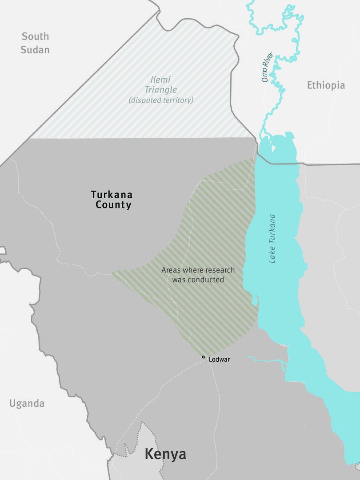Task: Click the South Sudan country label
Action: pos(35,43)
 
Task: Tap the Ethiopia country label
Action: pos(326,85)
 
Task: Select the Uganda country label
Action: pos(27,404)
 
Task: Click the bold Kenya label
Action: pos(165,454)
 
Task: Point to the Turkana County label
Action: pos(112,200)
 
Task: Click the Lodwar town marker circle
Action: pos(204,357)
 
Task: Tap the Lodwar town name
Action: pos(219,360)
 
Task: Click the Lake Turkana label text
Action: pos(272,239)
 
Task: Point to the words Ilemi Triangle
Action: pos(161,84)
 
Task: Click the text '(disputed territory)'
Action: pos(161,100)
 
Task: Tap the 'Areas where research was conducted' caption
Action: pos(198,275)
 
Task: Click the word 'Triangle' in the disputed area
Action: pos(161,89)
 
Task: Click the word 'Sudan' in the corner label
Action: pos(35,49)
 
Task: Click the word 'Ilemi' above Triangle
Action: pos(161,79)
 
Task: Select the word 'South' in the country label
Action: pos(35,36)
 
